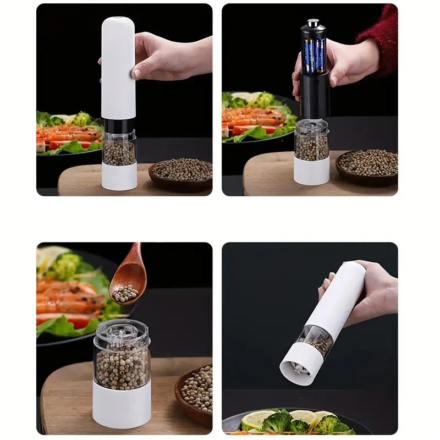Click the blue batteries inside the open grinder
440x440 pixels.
[314, 55]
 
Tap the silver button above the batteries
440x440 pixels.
[313, 24]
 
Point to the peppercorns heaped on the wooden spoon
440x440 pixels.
[125, 293]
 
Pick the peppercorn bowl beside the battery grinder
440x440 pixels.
[367, 165]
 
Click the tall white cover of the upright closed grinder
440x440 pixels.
[118, 66]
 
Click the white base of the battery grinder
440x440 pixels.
[311, 170]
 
